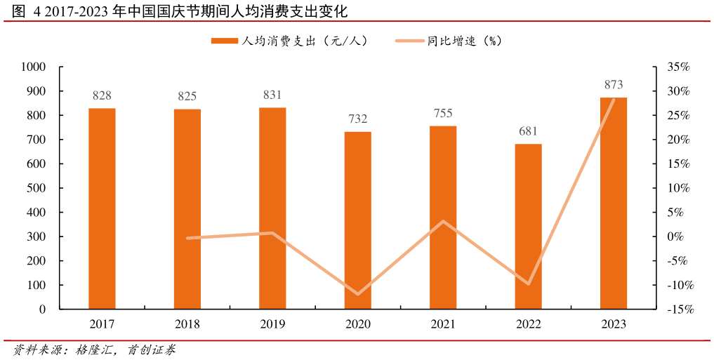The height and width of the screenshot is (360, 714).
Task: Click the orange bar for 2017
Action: pyautogui.click(x=102, y=208)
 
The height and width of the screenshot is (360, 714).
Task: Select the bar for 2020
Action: pyautogui.click(x=357, y=220)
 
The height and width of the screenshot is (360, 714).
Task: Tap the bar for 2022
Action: pyautogui.click(x=528, y=226)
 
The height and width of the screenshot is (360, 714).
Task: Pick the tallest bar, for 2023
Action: pyautogui.click(x=613, y=203)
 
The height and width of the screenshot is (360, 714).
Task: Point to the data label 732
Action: pyautogui.click(x=357, y=119)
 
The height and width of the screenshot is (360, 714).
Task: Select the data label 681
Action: pyautogui.click(x=528, y=131)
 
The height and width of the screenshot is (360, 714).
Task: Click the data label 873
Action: pyautogui.click(x=613, y=85)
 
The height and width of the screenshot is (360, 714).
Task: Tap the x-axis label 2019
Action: pyautogui.click(x=272, y=324)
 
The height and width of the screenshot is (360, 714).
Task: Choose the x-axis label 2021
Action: pyautogui.click(x=443, y=324)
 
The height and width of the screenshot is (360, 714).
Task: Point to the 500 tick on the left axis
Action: pyautogui.click(x=37, y=188)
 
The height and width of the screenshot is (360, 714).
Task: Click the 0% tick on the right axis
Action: pyautogui.click(x=675, y=236)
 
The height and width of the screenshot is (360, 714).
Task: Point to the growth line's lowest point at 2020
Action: pyautogui.click(x=357, y=294)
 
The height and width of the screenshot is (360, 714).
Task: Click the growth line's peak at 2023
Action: pyautogui.click(x=613, y=100)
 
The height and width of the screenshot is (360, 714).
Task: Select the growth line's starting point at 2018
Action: pyautogui.click(x=187, y=238)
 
